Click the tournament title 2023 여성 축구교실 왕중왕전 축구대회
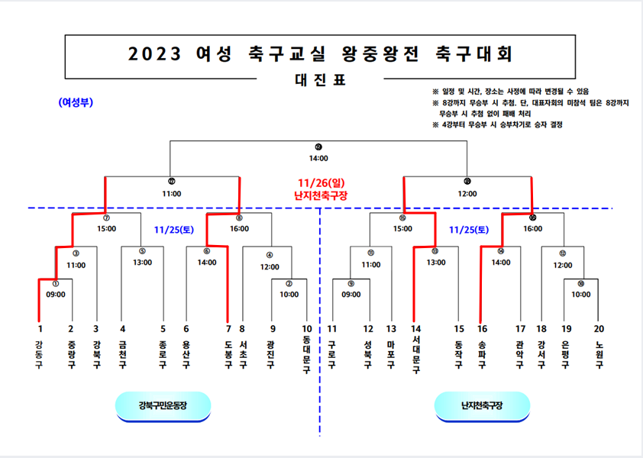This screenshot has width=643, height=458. pyautogui.click(x=321, y=53)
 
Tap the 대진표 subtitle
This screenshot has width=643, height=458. pyautogui.click(x=321, y=79)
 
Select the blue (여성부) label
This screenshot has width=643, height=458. pyautogui.click(x=76, y=102)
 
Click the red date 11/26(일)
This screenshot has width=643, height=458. pyautogui.click(x=321, y=183)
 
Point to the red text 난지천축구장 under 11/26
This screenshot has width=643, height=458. pyautogui.click(x=321, y=195)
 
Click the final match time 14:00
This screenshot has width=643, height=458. pyautogui.click(x=318, y=158)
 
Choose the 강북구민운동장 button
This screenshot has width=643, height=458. pyautogui.click(x=163, y=405)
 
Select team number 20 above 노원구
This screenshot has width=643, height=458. pyautogui.click(x=599, y=329)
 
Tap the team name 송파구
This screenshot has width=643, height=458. pyautogui.click(x=481, y=355)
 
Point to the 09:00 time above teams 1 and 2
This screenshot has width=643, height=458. pyautogui.click(x=55, y=293)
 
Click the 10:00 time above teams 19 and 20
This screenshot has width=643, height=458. pyautogui.click(x=581, y=293)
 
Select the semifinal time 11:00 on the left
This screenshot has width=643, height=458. pyautogui.click(x=172, y=193)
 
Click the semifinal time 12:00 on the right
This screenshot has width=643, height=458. pyautogui.click(x=467, y=193)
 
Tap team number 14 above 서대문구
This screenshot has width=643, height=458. pyautogui.click(x=416, y=329)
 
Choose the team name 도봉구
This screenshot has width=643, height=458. pyautogui.click(x=228, y=355)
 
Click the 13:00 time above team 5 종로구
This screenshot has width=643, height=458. pyautogui.click(x=143, y=263)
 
